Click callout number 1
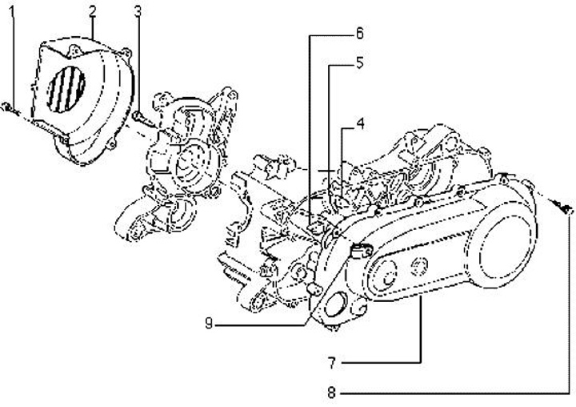[12, 13]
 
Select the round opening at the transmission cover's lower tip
[334, 308]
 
